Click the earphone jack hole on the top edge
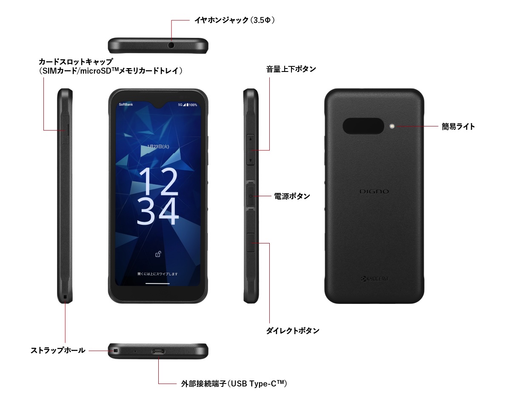coord(171,46)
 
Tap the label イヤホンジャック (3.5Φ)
coord(234,20)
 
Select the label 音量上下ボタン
coord(291,69)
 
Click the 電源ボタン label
coord(292,196)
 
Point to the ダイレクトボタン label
coord(293,331)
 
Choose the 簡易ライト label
coord(458,126)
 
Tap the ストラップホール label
coord(58,350)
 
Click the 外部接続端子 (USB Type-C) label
coord(234,383)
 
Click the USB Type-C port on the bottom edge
coord(158,351)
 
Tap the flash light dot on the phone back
coord(392,126)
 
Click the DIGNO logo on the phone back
coord(374,192)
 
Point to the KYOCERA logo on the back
coord(374,279)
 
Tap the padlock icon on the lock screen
coord(158,254)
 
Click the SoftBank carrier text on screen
coord(126,105)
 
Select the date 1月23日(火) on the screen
coord(158,146)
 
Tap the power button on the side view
coord(251,196)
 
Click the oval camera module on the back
coord(363,126)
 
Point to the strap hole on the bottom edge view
coord(116,351)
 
